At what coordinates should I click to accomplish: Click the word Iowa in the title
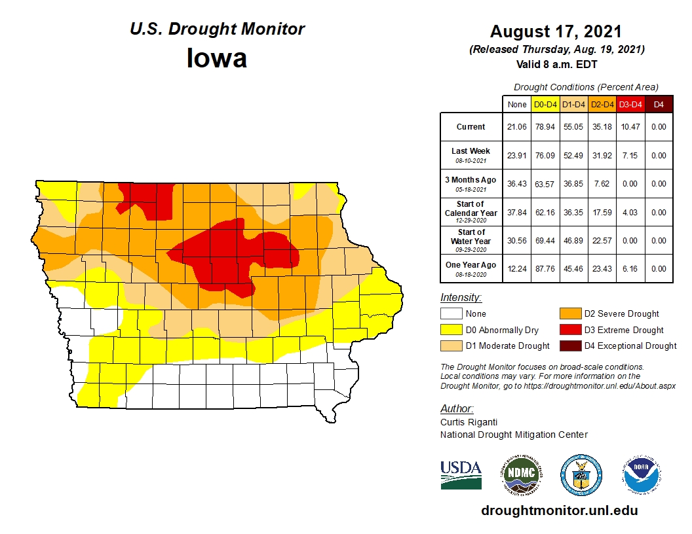tap(217, 59)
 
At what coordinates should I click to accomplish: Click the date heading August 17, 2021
tap(556, 31)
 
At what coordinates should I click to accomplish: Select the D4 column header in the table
tap(659, 104)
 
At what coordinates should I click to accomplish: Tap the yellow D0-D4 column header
tap(545, 104)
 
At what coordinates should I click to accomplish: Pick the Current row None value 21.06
tap(516, 127)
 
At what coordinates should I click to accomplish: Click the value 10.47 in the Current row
tap(630, 127)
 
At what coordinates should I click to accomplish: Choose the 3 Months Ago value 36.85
tap(573, 184)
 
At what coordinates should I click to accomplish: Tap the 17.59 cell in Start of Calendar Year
tap(602, 212)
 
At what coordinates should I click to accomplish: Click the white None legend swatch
tap(452, 314)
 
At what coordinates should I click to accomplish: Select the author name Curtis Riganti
tap(467, 422)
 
